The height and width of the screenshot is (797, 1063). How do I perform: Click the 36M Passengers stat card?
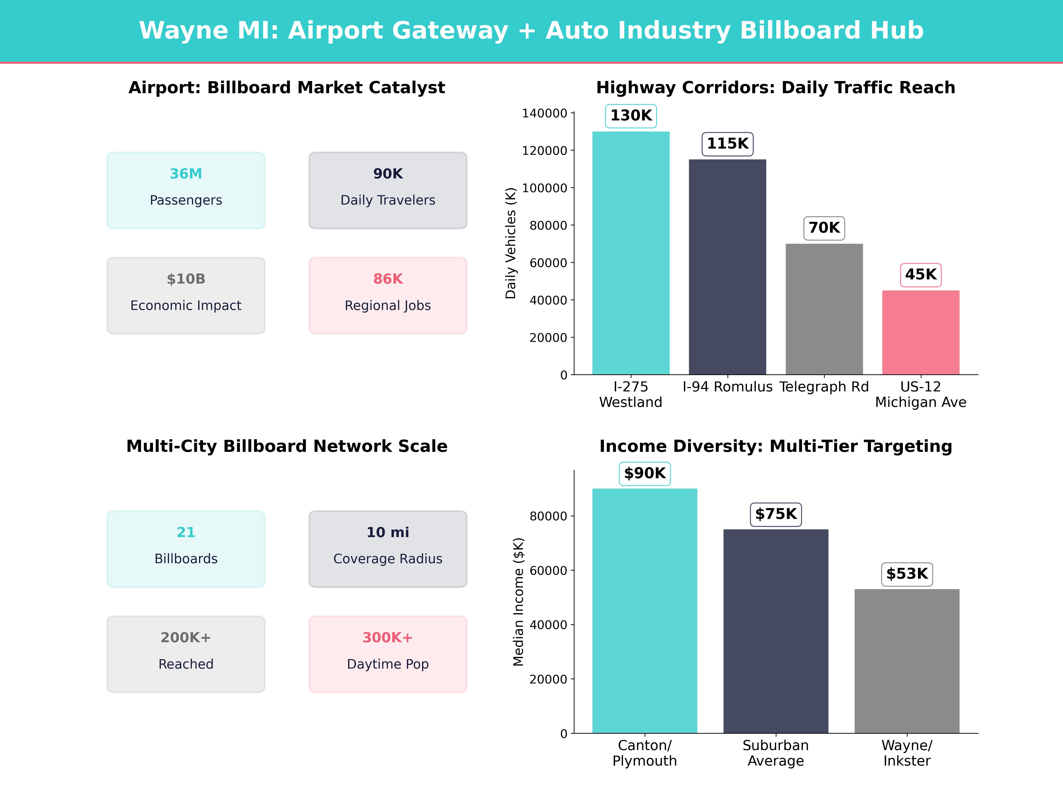186,190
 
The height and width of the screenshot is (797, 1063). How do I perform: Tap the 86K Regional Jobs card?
388,296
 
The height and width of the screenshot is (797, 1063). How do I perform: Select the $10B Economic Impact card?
186,296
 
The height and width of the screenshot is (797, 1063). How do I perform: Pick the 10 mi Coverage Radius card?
388,549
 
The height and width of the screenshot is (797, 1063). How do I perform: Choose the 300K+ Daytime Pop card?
388,654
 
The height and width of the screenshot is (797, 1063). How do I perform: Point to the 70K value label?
824,228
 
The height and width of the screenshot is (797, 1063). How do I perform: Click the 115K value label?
727,144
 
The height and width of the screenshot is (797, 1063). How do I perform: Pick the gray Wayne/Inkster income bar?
907,661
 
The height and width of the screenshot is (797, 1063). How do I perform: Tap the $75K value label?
776,514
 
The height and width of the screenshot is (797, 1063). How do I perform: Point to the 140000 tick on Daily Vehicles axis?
545,113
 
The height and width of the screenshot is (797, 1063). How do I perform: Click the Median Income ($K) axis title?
518,602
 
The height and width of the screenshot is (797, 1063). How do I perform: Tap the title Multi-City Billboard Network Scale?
287,446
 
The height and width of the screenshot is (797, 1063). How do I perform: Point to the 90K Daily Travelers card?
388,190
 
